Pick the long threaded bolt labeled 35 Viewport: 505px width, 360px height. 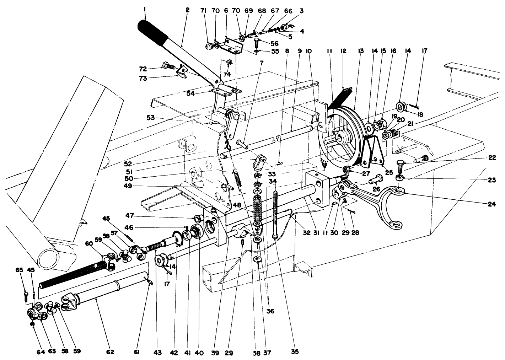click(276, 213)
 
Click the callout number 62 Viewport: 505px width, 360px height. click(110, 352)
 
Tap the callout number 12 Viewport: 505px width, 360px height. click(343, 51)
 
